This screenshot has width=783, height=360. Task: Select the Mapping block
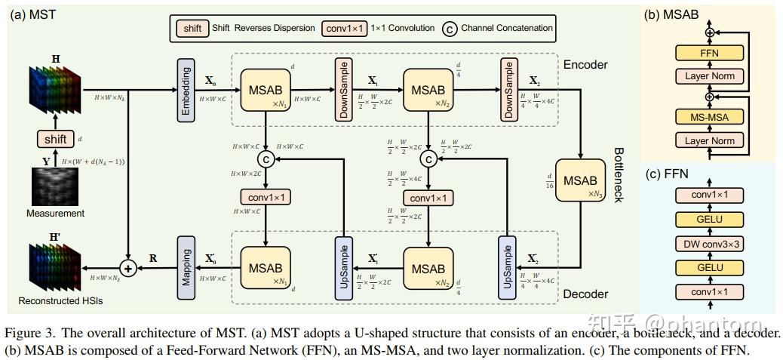186,268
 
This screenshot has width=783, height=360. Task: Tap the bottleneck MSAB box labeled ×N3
580,182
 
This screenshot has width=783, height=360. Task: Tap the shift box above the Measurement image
56,139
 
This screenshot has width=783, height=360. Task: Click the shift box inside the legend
192,28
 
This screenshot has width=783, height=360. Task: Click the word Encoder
585,65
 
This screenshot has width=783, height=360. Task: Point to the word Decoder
585,294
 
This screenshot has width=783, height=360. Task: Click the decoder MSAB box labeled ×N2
428,268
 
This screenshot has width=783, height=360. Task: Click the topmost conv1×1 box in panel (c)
709,195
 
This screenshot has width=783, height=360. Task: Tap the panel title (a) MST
33,14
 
